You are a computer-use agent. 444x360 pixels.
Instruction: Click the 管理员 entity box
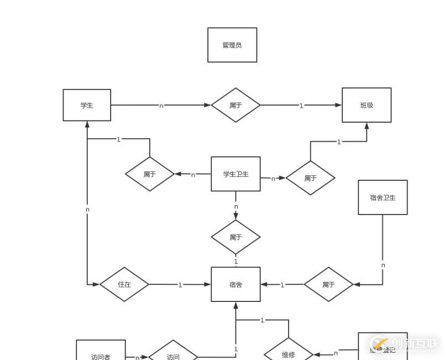coord(232,45)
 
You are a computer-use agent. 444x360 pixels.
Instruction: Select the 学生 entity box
coord(87,105)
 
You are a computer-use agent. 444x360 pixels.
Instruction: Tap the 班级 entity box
coord(367,105)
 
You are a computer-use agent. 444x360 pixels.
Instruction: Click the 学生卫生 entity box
coord(236,174)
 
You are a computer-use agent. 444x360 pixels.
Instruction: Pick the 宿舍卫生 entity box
coord(383,197)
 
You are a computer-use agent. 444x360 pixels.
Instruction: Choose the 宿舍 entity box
coord(236,284)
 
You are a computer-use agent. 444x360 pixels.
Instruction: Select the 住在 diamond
coord(124,284)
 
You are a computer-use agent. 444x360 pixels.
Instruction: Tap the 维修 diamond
coord(288,353)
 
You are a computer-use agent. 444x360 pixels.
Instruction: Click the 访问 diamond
coord(173,353)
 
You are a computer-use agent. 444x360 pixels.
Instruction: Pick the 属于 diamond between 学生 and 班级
coord(236,105)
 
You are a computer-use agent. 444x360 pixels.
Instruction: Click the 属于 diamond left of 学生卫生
coord(150,174)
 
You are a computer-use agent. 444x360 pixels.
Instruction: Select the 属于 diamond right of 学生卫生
coord(310,178)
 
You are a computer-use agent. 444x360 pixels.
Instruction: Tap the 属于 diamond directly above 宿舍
coord(236,237)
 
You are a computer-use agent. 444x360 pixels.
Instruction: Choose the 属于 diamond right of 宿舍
coord(328,284)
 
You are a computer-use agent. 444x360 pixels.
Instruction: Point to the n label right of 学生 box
coord(161,106)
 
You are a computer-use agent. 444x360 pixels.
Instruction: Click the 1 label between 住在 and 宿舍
coord(180,285)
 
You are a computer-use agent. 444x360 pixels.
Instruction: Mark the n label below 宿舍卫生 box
coord(383,265)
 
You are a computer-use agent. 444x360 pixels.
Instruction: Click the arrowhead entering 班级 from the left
coord(338,105)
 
